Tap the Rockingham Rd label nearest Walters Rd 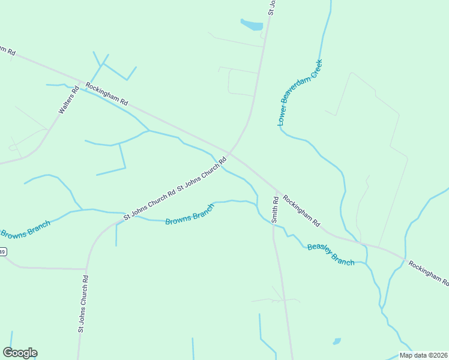pyautogui.click(x=107, y=94)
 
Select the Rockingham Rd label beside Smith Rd pyautogui.click(x=301, y=211)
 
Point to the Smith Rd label pyautogui.click(x=276, y=210)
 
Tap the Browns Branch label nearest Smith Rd pyautogui.click(x=190, y=215)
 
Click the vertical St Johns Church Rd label pyautogui.click(x=83, y=304)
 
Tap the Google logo pyautogui.click(x=20, y=353)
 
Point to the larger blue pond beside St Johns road pyautogui.click(x=252, y=25)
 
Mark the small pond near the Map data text pyautogui.click(x=337, y=341)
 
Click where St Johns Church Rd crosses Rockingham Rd pyautogui.click(x=230, y=151)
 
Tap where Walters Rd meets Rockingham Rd pyautogui.click(x=79, y=81)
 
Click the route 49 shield pyautogui.click(x=2, y=251)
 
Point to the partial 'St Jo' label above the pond pyautogui.click(x=271, y=7)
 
